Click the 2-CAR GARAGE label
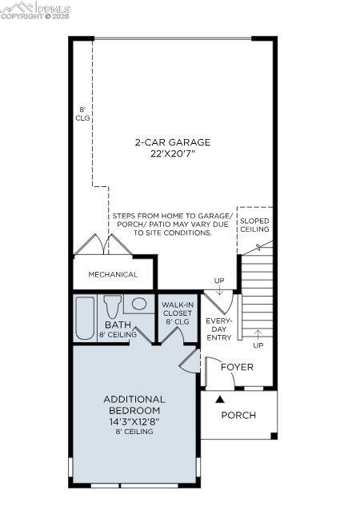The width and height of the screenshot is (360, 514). pyautogui.click(x=172, y=142)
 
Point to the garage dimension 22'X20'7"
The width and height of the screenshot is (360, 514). pyautogui.click(x=172, y=153)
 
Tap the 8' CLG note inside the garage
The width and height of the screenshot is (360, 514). pyautogui.click(x=82, y=113)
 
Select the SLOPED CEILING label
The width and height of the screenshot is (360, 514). pyautogui.click(x=255, y=225)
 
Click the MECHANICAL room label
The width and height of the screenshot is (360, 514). pyautogui.click(x=113, y=274)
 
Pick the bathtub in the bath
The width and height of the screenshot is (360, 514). pyautogui.click(x=84, y=319)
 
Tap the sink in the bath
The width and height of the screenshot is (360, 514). pyautogui.click(x=139, y=304)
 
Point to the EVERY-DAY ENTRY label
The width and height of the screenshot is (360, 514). pyautogui.click(x=218, y=329)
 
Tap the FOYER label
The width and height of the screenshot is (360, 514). pyautogui.click(x=237, y=367)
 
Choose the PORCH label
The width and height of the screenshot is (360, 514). pyautogui.click(x=238, y=415)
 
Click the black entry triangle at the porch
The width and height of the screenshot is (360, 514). pyautogui.click(x=220, y=397)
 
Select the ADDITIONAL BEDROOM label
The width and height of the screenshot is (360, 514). pyautogui.click(x=134, y=404)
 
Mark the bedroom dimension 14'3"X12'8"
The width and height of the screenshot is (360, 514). pyautogui.click(x=134, y=421)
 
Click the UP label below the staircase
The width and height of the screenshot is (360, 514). pyautogui.click(x=258, y=345)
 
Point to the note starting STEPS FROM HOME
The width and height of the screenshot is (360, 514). pyautogui.click(x=172, y=225)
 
